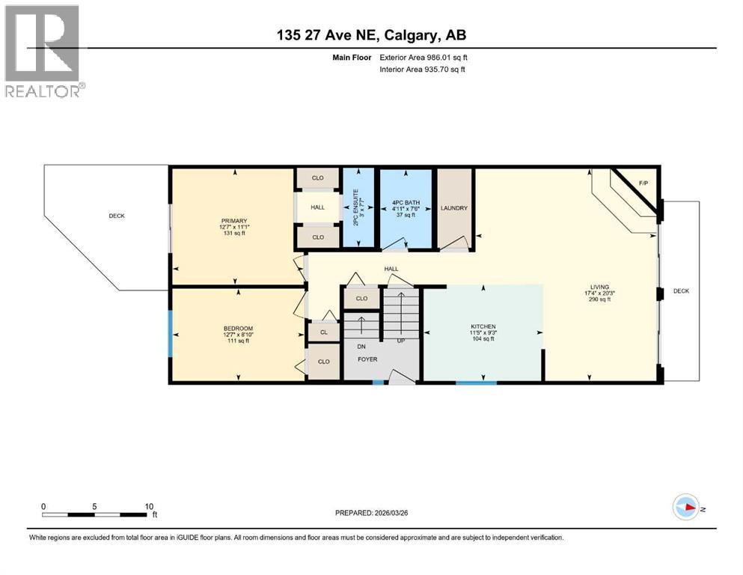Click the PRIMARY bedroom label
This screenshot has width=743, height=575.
tap(233, 221)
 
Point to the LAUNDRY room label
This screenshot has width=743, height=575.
tap(454, 208)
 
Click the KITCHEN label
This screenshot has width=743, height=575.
tap(483, 326)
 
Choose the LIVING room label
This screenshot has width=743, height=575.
tap(599, 287)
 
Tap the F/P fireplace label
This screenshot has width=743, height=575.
tap(643, 183)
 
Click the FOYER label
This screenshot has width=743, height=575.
tap(367, 359)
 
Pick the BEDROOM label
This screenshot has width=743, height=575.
tap(238, 329)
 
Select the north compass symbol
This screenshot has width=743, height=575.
tap(687, 508)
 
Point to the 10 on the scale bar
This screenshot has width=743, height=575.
tap(149, 505)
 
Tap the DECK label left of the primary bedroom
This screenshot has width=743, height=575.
tap(116, 216)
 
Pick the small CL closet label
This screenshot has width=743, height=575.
tap(323, 332)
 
